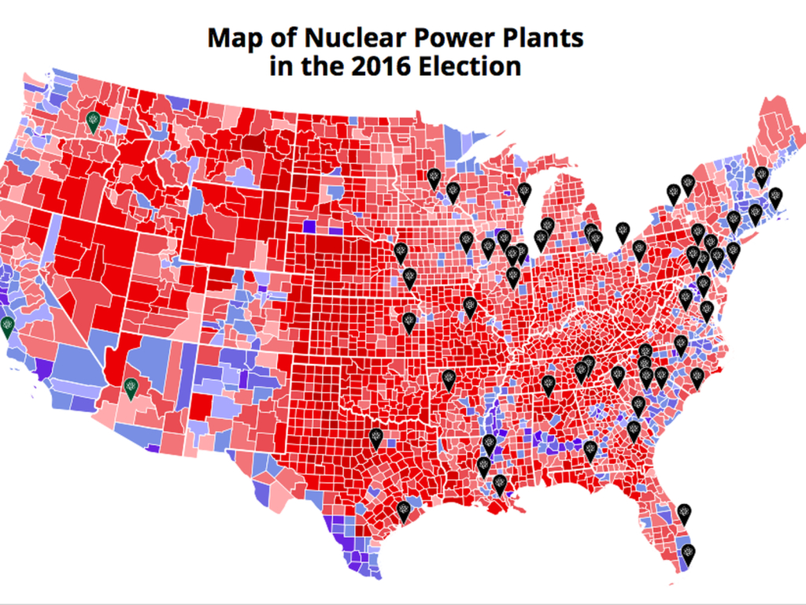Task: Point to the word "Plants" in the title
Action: [x=543, y=38]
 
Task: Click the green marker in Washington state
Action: [x=93, y=121]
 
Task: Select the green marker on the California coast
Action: [x=7, y=326]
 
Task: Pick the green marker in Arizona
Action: [x=131, y=388]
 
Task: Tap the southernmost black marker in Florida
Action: [x=688, y=554]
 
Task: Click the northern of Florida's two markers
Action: [x=685, y=514]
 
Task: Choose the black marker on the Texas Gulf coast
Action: [x=404, y=511]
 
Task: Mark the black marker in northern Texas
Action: [x=376, y=438]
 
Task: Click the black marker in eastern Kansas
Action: [x=409, y=322]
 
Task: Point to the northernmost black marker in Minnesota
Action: [x=433, y=178]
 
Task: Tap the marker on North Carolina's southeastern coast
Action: [x=697, y=377]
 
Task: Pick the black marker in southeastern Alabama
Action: [x=590, y=451]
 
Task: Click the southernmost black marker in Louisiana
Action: [x=499, y=484]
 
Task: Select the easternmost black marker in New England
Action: [x=775, y=197]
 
